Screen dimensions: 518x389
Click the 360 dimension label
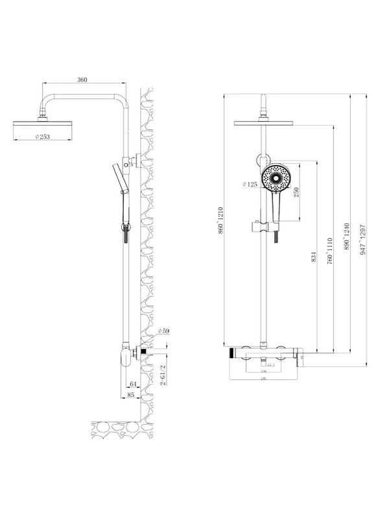(x=82, y=80)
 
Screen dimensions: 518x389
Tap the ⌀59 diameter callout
(x=163, y=332)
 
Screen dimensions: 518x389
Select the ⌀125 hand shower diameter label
(x=250, y=185)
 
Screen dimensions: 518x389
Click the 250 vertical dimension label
(x=296, y=194)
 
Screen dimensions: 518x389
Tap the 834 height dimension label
(x=312, y=256)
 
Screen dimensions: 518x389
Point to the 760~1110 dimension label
(x=330, y=249)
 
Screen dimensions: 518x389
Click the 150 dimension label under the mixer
(x=264, y=371)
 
